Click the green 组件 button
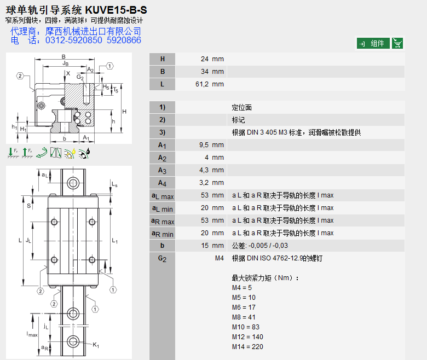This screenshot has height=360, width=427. [373, 43]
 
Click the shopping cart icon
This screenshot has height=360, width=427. [398, 43]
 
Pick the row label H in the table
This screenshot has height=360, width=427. [162, 59]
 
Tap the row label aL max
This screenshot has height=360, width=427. [163, 195]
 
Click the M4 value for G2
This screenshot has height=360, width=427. [219, 258]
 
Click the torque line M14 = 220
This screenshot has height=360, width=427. [247, 346]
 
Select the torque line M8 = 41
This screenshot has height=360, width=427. [244, 317]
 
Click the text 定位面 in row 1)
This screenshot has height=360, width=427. [242, 108]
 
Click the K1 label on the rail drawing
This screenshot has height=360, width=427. [96, 345]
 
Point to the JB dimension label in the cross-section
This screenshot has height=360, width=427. [65, 64]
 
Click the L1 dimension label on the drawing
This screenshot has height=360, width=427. [114, 241]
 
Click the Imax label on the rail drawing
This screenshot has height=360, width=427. [32, 333]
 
